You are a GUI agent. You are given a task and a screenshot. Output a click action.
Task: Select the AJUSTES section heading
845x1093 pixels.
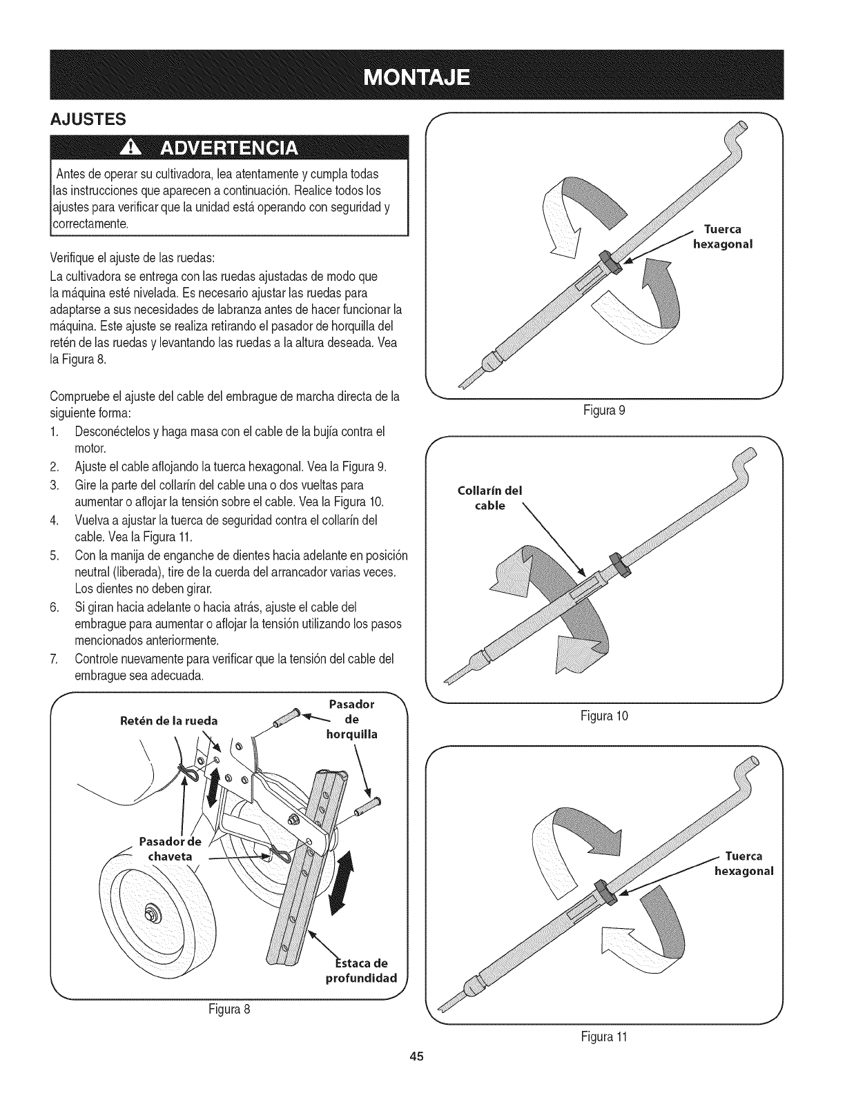click(88, 119)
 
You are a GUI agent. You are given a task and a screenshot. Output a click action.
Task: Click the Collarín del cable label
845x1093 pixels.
click(490, 498)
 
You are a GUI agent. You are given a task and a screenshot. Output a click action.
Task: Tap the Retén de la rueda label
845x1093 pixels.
click(168, 721)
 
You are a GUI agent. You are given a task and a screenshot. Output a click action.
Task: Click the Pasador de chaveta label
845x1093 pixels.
click(170, 849)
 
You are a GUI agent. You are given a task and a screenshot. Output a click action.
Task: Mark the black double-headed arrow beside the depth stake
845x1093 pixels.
click(341, 882)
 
